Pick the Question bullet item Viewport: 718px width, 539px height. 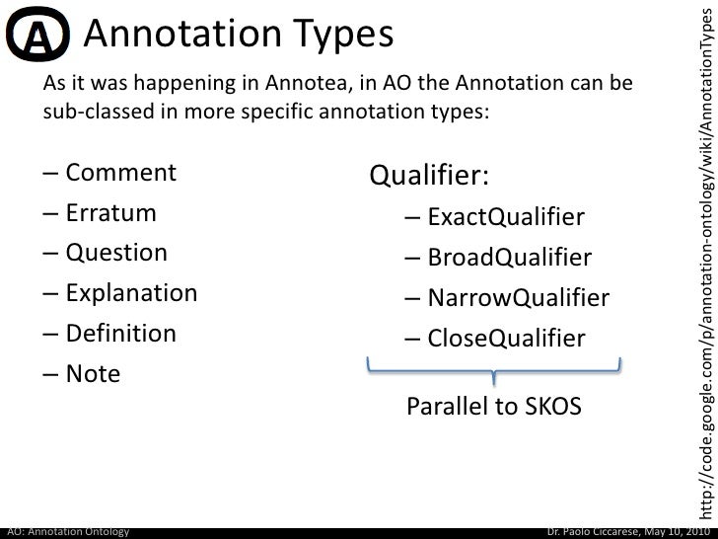coord(116,224)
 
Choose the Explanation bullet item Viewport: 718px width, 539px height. coord(131,265)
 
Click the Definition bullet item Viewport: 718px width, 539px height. coord(120,304)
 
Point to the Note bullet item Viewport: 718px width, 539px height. coord(93,346)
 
